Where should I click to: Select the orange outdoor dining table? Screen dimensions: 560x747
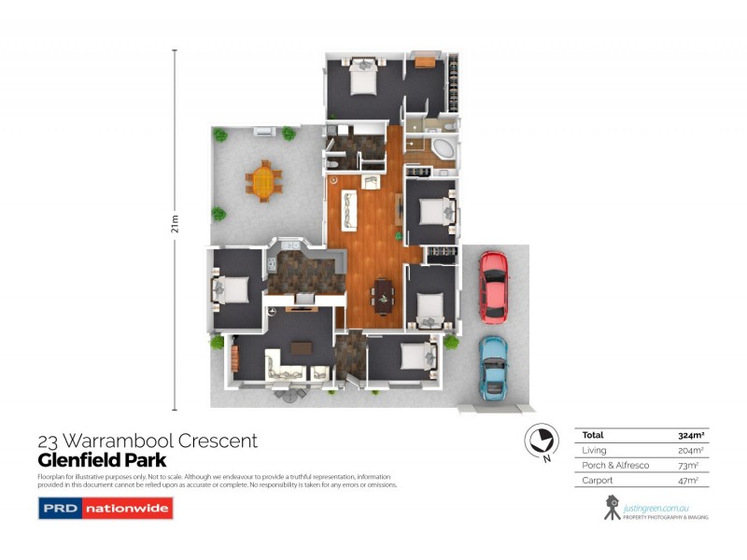[x=264, y=177]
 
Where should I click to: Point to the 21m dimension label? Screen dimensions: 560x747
[x=175, y=226]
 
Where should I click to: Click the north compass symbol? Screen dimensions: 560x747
[x=540, y=440]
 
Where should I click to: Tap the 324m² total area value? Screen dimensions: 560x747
[x=690, y=435]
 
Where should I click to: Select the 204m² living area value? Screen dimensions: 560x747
[x=690, y=450]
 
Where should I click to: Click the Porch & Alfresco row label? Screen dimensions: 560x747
[x=613, y=465]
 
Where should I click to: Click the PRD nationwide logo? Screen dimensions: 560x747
[x=105, y=509]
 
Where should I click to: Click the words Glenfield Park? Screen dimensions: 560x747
[x=102, y=460]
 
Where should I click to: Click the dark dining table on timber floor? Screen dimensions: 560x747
[x=384, y=295]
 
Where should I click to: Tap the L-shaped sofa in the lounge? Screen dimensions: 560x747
[x=284, y=367]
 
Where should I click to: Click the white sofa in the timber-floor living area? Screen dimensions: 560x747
[x=351, y=209]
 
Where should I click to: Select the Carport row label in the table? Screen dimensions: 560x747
[x=598, y=480]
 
